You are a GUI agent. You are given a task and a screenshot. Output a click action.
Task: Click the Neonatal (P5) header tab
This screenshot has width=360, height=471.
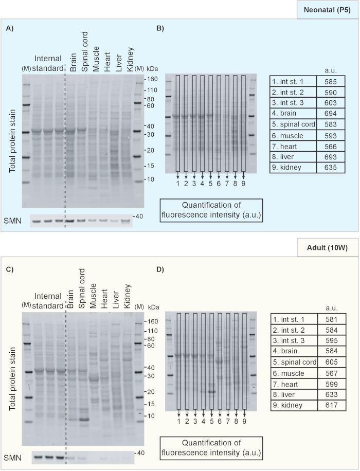click(x=327, y=10)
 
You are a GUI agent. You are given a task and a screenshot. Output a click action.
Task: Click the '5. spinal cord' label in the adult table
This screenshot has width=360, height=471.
click(x=294, y=363)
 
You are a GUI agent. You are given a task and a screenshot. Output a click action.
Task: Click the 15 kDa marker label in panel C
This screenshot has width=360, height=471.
click(x=152, y=405)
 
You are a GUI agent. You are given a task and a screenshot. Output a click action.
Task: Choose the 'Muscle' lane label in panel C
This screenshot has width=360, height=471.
click(x=93, y=298)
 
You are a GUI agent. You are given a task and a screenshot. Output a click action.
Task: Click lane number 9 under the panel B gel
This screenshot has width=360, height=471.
click(x=243, y=184)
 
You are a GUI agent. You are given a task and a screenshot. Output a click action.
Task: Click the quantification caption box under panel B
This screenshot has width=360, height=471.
click(x=211, y=210)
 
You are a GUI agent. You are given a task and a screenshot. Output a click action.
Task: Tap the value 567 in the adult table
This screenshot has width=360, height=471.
click(x=331, y=373)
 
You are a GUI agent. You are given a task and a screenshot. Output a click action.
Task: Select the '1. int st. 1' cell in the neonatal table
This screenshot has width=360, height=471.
click(x=292, y=81)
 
